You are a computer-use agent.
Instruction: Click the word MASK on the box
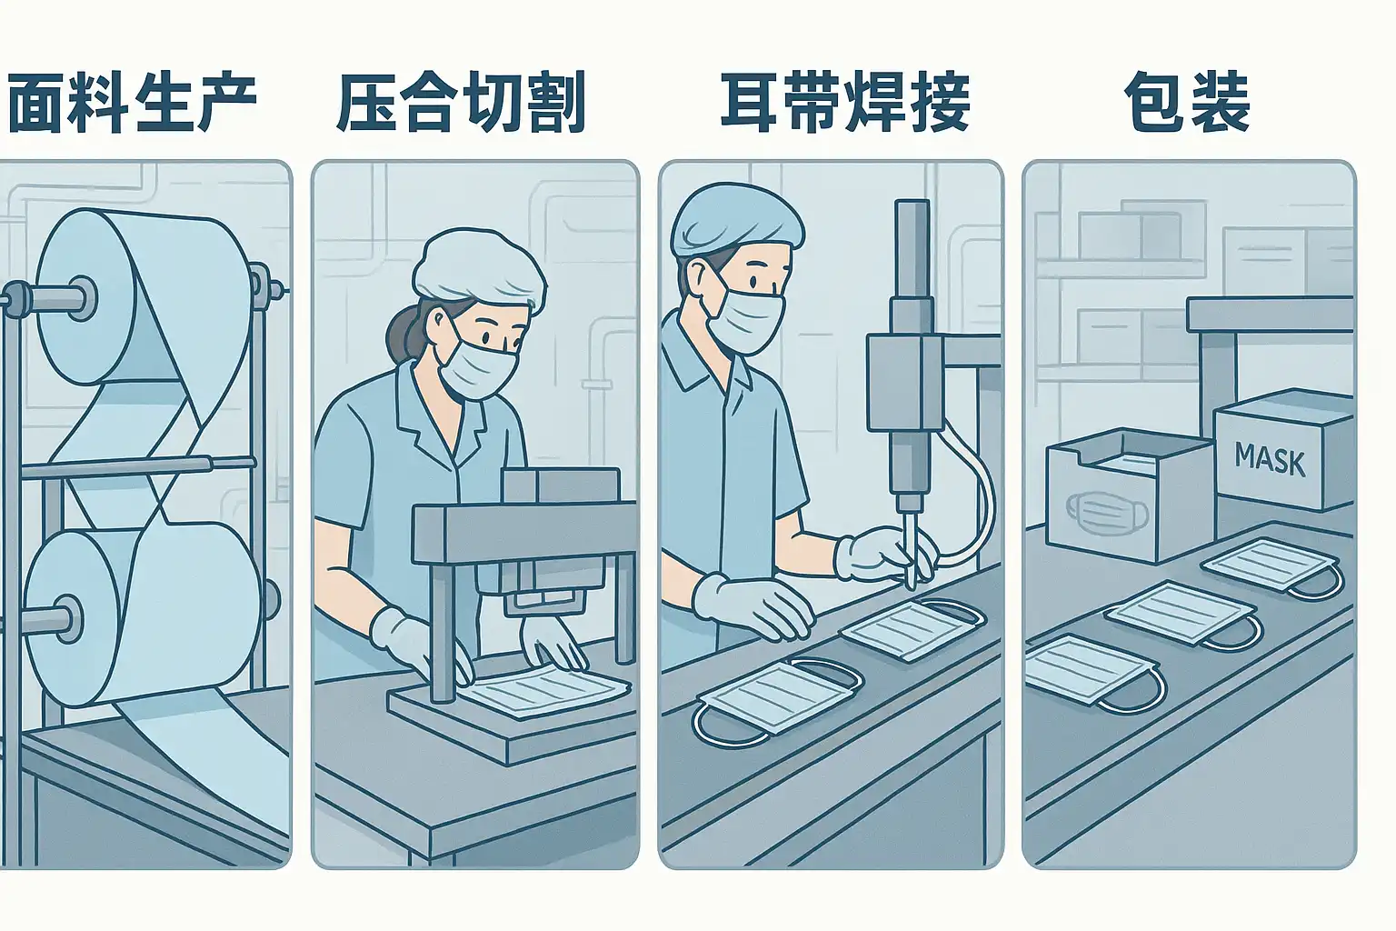tap(1270, 459)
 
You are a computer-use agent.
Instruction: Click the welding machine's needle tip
tap(912, 586)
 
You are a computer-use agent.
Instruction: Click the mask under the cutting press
tap(543, 689)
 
